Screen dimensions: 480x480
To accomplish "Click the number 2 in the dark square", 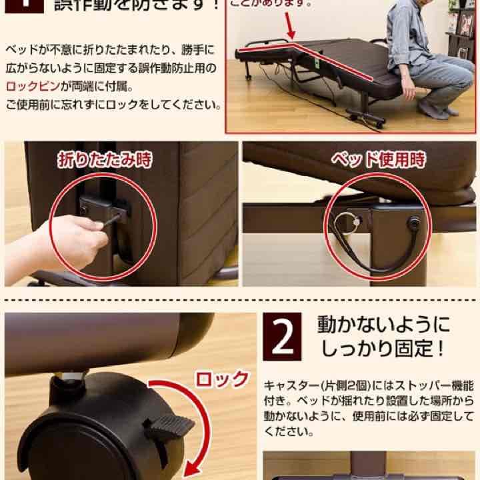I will pyautogui.click(x=283, y=339).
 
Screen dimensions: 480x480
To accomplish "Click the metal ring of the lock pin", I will pyautogui.click(x=345, y=218).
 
